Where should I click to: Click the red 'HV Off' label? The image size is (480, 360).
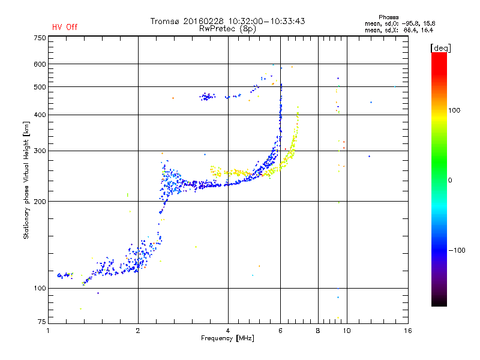click(x=64, y=27)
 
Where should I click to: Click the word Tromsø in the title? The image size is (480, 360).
click(x=165, y=21)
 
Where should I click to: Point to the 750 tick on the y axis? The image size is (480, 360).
click(x=40, y=38)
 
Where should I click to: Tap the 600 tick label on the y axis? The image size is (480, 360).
click(x=40, y=64)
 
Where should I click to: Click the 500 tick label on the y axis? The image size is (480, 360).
click(x=40, y=87)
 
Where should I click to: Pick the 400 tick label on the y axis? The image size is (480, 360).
click(x=40, y=115)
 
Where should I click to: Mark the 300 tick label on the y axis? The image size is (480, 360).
click(x=40, y=151)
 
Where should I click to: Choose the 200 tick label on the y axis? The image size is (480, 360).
click(x=40, y=202)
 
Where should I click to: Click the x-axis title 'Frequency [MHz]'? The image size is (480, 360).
click(x=227, y=339)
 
